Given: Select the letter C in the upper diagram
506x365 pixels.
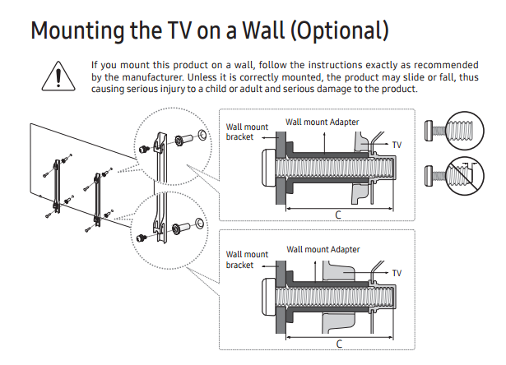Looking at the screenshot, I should (337, 215).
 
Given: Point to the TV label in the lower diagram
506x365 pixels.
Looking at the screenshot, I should (397, 272).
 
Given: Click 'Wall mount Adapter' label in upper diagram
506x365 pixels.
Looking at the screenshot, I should (323, 122).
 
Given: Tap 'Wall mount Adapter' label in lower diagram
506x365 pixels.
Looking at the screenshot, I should (323, 248).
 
